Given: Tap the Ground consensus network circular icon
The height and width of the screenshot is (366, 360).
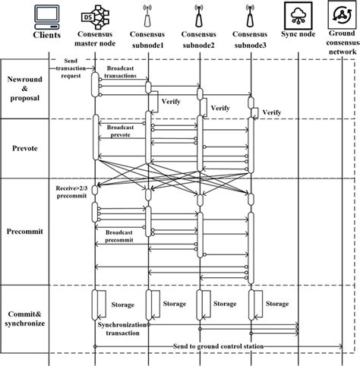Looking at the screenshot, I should [x=340, y=14].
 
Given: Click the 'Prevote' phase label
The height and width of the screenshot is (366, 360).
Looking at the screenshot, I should [x=26, y=148].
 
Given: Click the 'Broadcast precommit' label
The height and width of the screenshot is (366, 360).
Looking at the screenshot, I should [x=122, y=235].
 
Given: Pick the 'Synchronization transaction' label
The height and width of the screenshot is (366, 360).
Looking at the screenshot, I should [x=122, y=328].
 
